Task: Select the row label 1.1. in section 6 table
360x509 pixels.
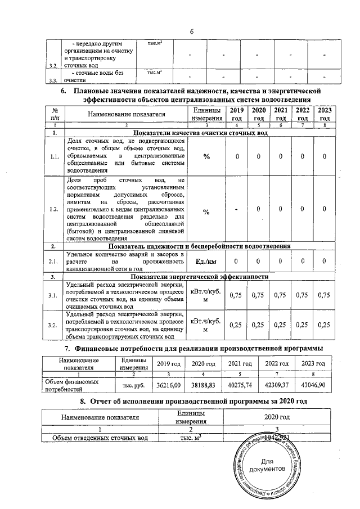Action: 54,156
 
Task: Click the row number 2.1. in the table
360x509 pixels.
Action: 54,261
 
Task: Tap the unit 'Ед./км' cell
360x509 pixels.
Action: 206,261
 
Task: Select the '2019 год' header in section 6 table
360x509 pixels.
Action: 237,114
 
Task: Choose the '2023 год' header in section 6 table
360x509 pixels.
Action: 324,114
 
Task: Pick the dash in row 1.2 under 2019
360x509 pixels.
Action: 237,211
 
